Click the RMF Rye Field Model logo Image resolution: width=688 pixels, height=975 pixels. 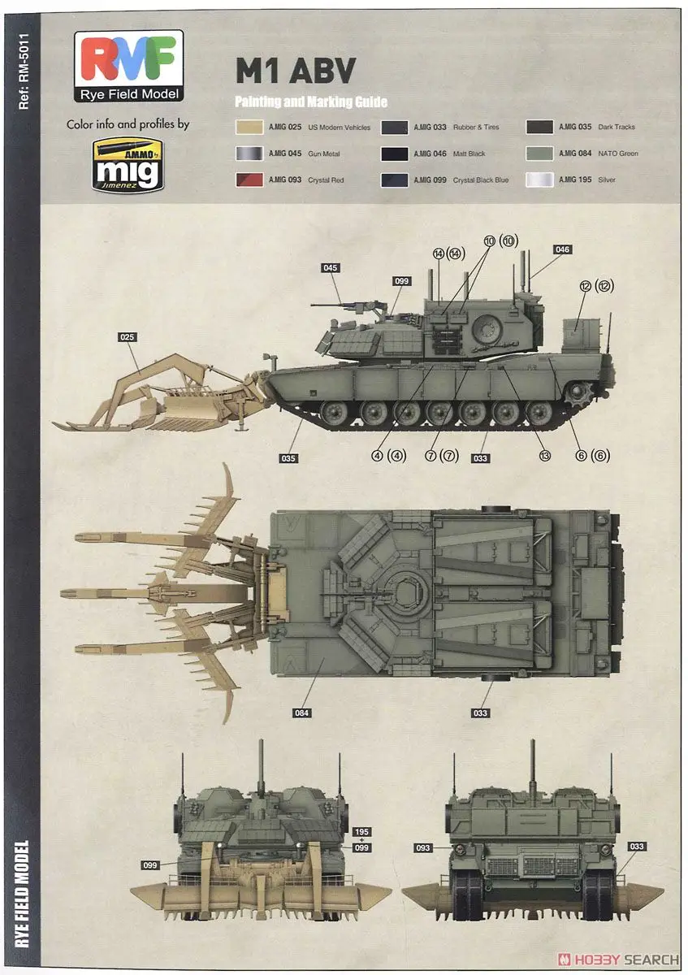point(128,66)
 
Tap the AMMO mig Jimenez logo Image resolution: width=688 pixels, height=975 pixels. point(128,164)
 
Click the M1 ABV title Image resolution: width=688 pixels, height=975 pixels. point(296,71)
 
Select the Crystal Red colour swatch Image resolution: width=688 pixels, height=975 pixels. point(249,180)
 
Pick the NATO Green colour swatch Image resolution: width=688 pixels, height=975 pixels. point(539,154)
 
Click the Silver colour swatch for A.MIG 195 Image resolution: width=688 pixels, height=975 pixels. point(539,180)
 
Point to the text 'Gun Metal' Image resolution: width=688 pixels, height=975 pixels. point(324,154)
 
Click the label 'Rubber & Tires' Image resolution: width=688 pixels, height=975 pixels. point(476,127)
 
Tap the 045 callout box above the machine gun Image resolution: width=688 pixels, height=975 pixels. point(331,267)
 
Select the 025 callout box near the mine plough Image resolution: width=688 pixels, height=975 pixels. point(127,337)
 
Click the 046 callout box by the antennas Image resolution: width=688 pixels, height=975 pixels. point(562,249)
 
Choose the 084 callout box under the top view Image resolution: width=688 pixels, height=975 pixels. point(301,713)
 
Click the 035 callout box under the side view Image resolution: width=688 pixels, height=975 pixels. point(288,458)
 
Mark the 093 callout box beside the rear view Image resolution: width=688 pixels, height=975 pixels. point(423,848)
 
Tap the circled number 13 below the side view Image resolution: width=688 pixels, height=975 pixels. point(544,456)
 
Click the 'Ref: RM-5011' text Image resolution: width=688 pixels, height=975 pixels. point(24,72)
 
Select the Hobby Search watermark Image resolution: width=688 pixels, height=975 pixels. point(618,960)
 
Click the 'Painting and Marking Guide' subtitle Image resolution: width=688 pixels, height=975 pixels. point(311,102)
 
